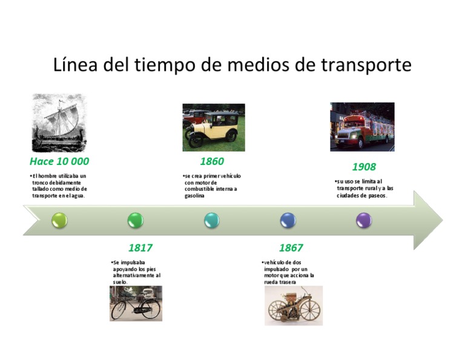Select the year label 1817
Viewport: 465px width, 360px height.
[140, 248]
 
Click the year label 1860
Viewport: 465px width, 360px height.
[212, 161]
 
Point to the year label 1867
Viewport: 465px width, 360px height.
[291, 248]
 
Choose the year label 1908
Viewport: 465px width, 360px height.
[364, 167]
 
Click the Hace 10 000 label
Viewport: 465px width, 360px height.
[59, 161]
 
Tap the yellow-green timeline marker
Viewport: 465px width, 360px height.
[59, 220]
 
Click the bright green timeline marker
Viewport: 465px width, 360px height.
[136, 220]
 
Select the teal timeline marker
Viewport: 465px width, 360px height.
[212, 220]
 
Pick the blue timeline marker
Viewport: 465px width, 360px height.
[288, 220]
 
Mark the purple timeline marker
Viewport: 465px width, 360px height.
[364, 220]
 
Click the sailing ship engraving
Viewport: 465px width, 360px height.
[59, 123]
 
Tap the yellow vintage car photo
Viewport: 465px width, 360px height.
[214, 127]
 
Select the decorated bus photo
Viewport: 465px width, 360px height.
[362, 127]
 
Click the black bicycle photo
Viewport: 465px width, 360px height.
[136, 303]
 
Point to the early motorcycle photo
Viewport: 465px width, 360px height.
[294, 305]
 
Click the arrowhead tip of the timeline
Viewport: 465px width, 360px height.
[441, 220]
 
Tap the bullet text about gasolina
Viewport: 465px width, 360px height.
[211, 185]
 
